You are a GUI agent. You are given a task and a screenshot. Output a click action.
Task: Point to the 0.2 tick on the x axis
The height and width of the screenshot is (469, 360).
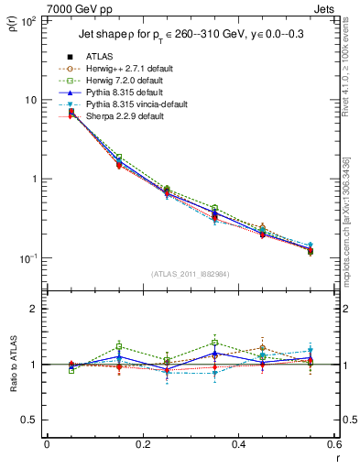[x=143, y=443]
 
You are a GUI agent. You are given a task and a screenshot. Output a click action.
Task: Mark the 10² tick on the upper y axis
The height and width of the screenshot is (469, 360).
[x=29, y=20]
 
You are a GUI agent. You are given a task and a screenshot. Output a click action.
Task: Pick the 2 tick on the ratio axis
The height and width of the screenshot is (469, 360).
[x=34, y=309]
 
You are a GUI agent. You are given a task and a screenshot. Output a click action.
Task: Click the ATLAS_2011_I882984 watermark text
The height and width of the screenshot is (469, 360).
[x=191, y=274]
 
